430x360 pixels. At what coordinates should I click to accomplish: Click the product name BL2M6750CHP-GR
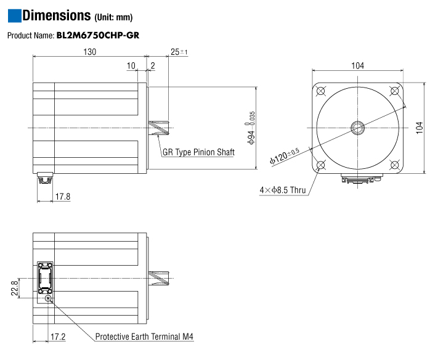(97, 35)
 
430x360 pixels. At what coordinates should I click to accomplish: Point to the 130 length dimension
(89, 52)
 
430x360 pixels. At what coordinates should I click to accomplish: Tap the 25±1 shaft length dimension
(179, 52)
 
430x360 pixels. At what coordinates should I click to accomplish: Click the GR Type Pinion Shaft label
(198, 152)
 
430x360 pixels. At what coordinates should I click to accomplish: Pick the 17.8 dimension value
(63, 197)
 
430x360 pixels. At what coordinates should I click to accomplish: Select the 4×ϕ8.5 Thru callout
(283, 190)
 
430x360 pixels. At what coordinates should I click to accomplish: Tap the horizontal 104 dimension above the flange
(357, 66)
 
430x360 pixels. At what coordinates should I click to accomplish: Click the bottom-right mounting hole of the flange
(394, 165)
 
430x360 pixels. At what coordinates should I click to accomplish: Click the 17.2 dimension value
(58, 337)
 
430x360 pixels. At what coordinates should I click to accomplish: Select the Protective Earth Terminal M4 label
(144, 337)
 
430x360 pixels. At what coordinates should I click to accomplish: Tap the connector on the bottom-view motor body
(45, 278)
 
